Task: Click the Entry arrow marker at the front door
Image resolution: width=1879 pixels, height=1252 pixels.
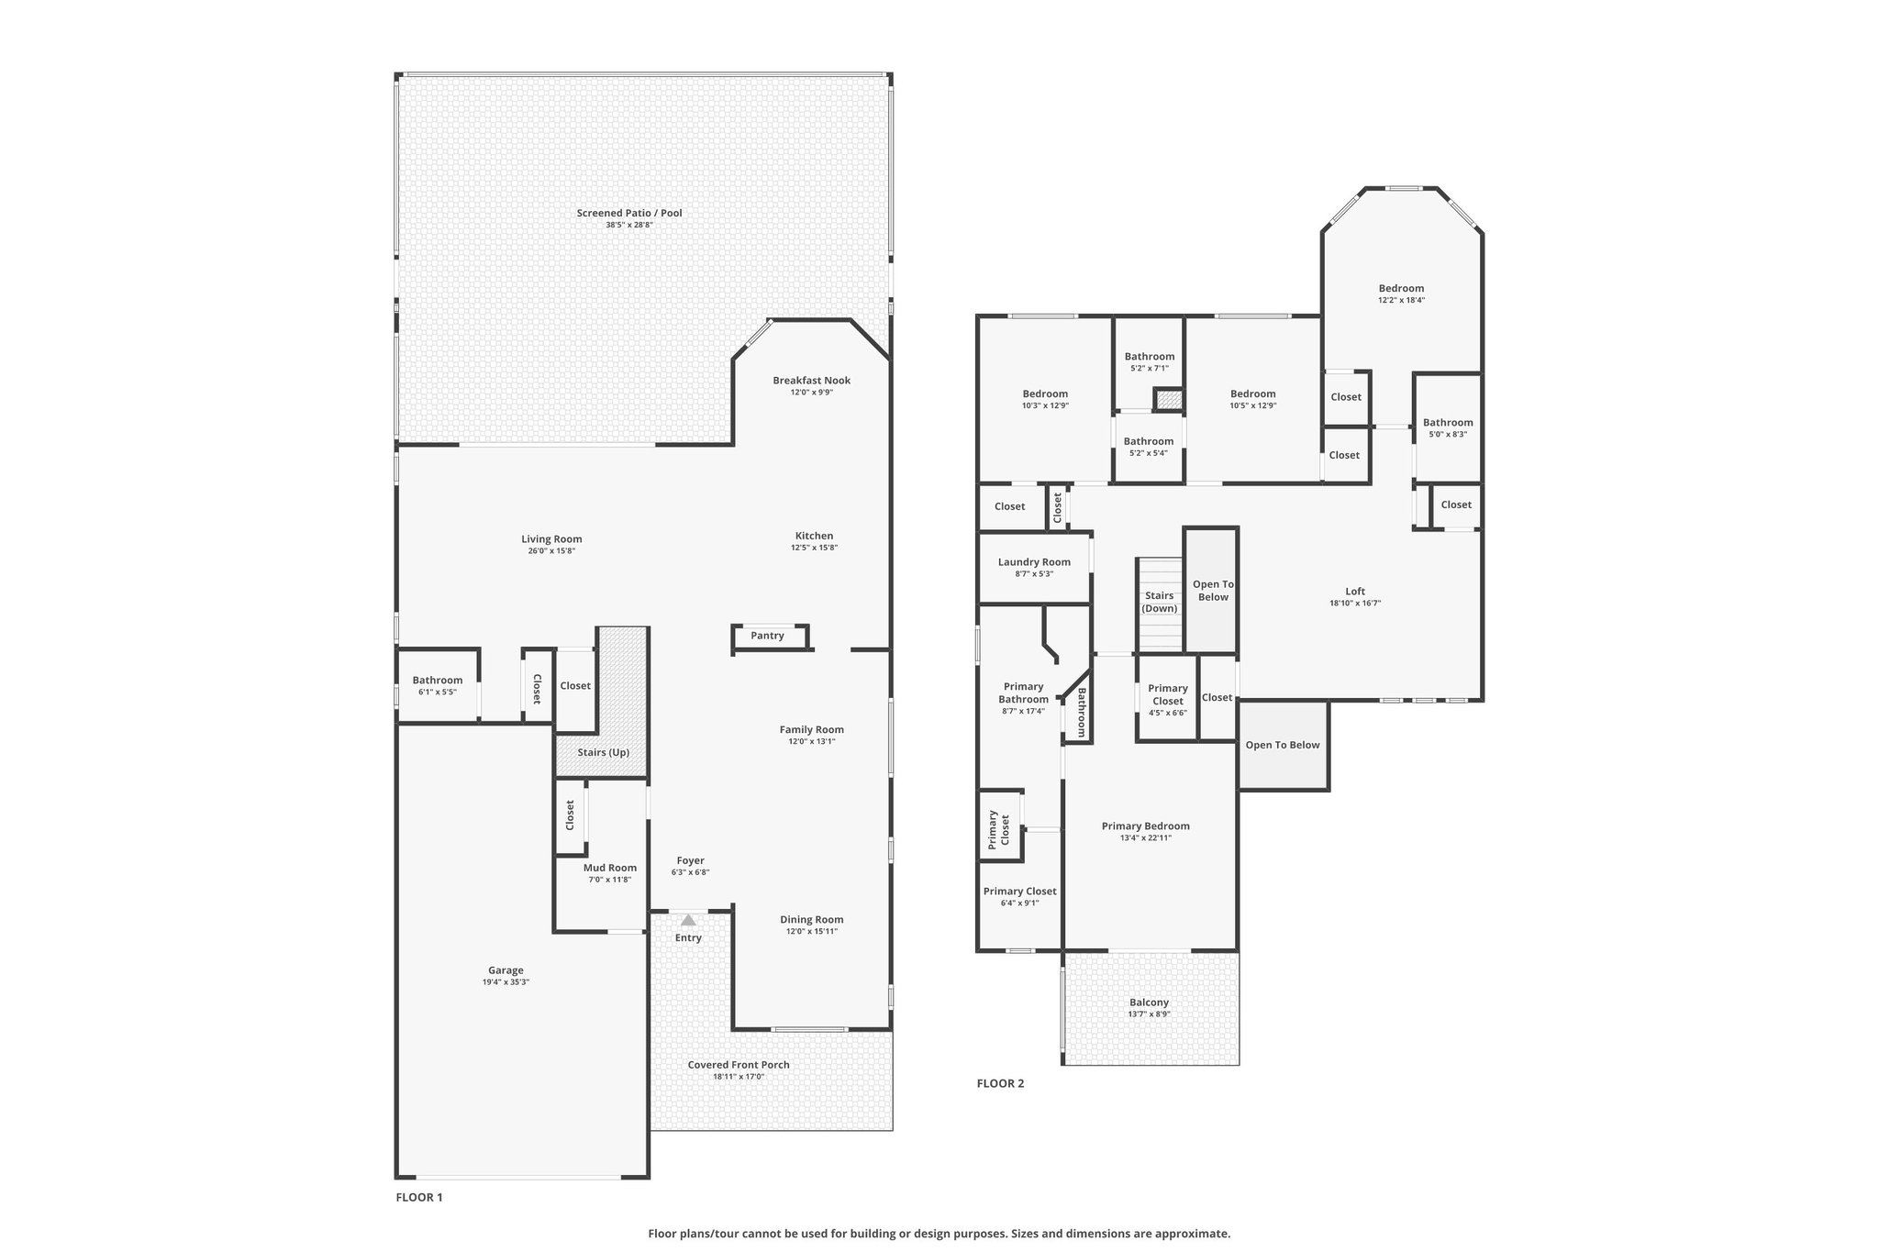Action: click(x=688, y=919)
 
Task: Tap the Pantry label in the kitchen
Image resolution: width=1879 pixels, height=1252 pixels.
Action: click(x=767, y=636)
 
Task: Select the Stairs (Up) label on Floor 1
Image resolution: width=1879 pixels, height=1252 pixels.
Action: click(x=603, y=752)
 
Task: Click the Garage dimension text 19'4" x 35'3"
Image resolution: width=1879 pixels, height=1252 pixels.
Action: click(x=506, y=982)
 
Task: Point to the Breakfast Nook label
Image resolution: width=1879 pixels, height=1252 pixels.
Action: click(x=811, y=380)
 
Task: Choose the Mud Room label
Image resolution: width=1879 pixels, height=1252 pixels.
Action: click(x=609, y=868)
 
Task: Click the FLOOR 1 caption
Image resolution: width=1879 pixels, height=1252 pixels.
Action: click(x=419, y=1197)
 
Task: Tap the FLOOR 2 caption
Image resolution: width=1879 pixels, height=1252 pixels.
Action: click(x=1000, y=1083)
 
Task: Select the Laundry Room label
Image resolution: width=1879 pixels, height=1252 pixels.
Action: click(x=1034, y=562)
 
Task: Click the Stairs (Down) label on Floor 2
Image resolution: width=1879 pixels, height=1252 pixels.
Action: click(x=1160, y=602)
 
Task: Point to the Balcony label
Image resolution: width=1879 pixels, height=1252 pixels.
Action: click(x=1149, y=1003)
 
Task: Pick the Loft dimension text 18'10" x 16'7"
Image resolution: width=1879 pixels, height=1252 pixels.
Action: click(x=1355, y=604)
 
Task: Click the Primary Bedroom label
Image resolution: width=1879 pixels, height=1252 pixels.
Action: click(x=1145, y=825)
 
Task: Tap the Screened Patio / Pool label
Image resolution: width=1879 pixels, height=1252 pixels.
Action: click(x=629, y=213)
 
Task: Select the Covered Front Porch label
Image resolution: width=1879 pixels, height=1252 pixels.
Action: click(x=739, y=1065)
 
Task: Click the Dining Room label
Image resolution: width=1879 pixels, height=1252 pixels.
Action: click(x=811, y=919)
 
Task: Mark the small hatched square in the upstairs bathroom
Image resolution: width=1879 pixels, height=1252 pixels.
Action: click(x=1168, y=400)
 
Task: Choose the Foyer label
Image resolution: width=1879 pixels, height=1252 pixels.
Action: click(x=690, y=860)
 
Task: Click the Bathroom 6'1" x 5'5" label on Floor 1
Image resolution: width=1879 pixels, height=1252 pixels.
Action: click(x=437, y=680)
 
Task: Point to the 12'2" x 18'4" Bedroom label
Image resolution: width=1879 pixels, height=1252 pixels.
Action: click(x=1401, y=288)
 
